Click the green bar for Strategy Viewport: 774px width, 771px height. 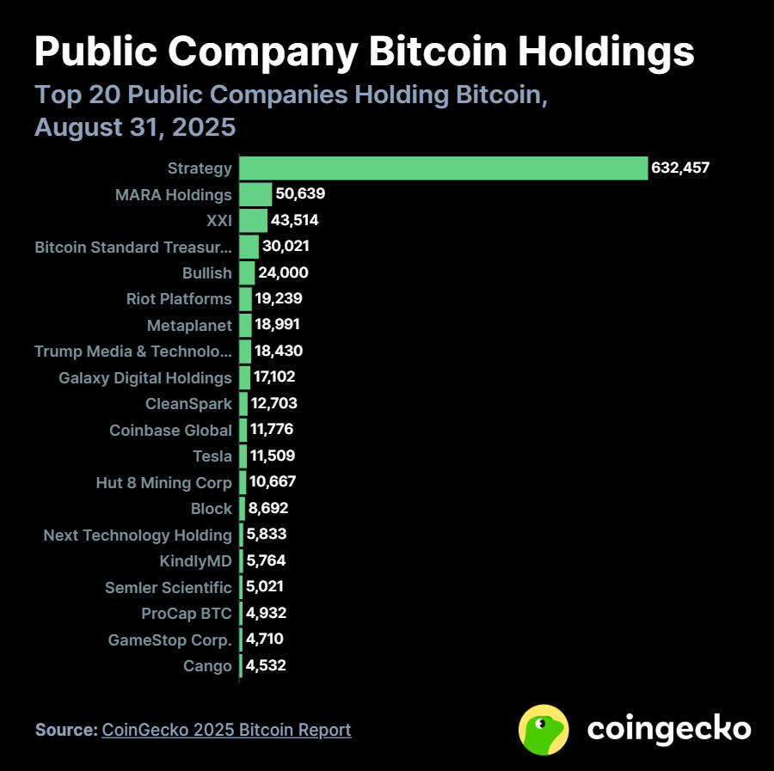click(443, 168)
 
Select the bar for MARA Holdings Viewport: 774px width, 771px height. click(255, 194)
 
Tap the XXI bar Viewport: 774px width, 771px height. click(253, 220)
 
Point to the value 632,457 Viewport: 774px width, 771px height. click(680, 168)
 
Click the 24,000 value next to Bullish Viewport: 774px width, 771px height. click(283, 273)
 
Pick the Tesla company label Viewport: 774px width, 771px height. click(213, 456)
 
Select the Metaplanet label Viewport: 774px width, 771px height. click(189, 326)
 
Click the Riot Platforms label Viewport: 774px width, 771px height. click(179, 299)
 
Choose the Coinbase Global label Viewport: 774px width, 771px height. click(170, 431)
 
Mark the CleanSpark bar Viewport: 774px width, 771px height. click(243, 404)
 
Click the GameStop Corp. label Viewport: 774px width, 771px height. click(169, 640)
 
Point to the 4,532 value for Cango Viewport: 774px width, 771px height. click(266, 665)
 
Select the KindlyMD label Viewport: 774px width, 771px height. click(195, 561)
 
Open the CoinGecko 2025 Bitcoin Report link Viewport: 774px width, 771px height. click(226, 730)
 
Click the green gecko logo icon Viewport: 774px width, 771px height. click(544, 730)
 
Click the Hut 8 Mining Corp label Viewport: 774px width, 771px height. click(163, 483)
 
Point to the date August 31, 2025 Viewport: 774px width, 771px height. click(135, 127)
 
